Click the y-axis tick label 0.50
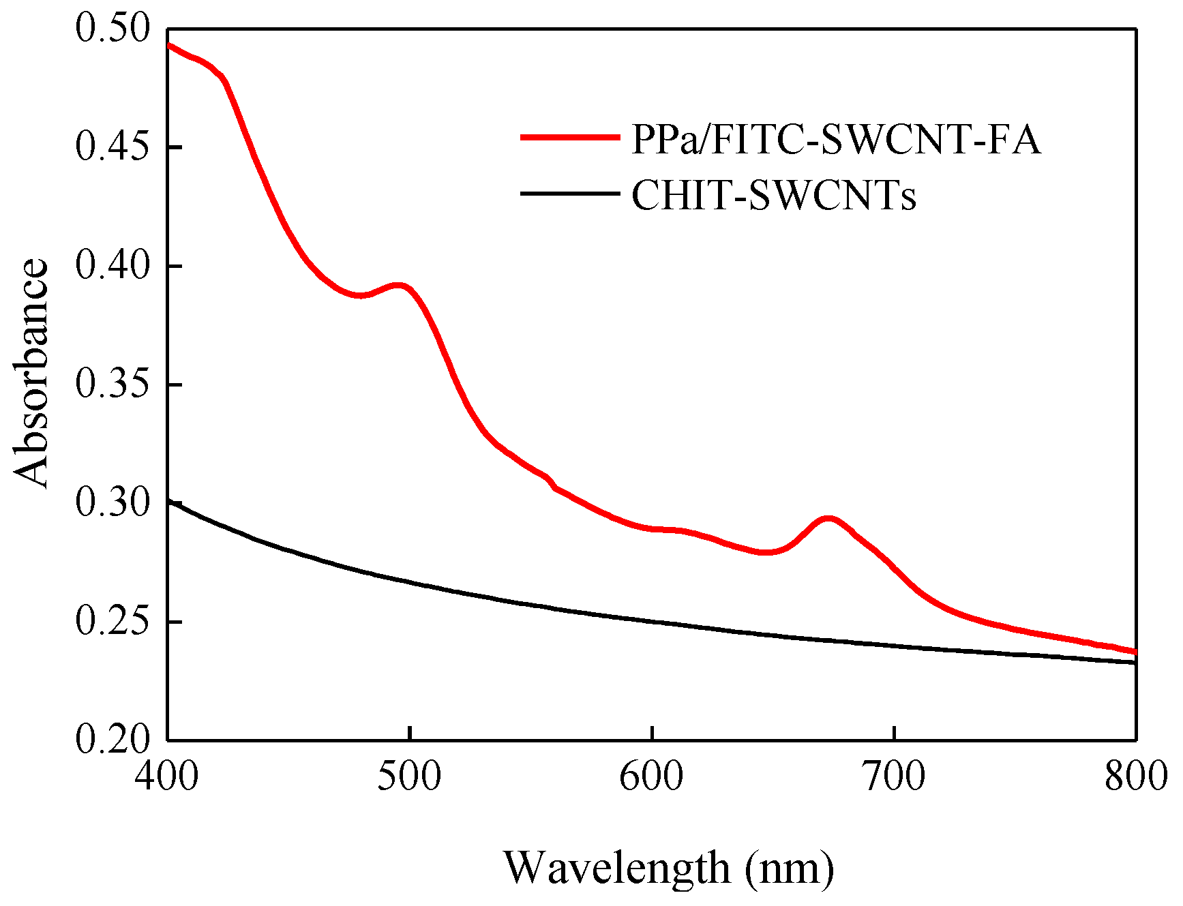coord(112,29)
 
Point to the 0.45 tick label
coord(112,147)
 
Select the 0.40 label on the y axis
coord(112,266)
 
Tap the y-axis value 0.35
coord(112,384)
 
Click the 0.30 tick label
coord(112,503)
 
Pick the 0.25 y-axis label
coord(112,622)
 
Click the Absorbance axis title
coord(31,373)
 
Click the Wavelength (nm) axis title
coord(668,868)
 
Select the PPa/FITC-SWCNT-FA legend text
coord(836,140)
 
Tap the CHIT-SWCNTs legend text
coord(774,196)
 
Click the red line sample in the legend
coord(570,137)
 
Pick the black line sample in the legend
coord(570,194)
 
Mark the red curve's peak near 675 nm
coord(827,519)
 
